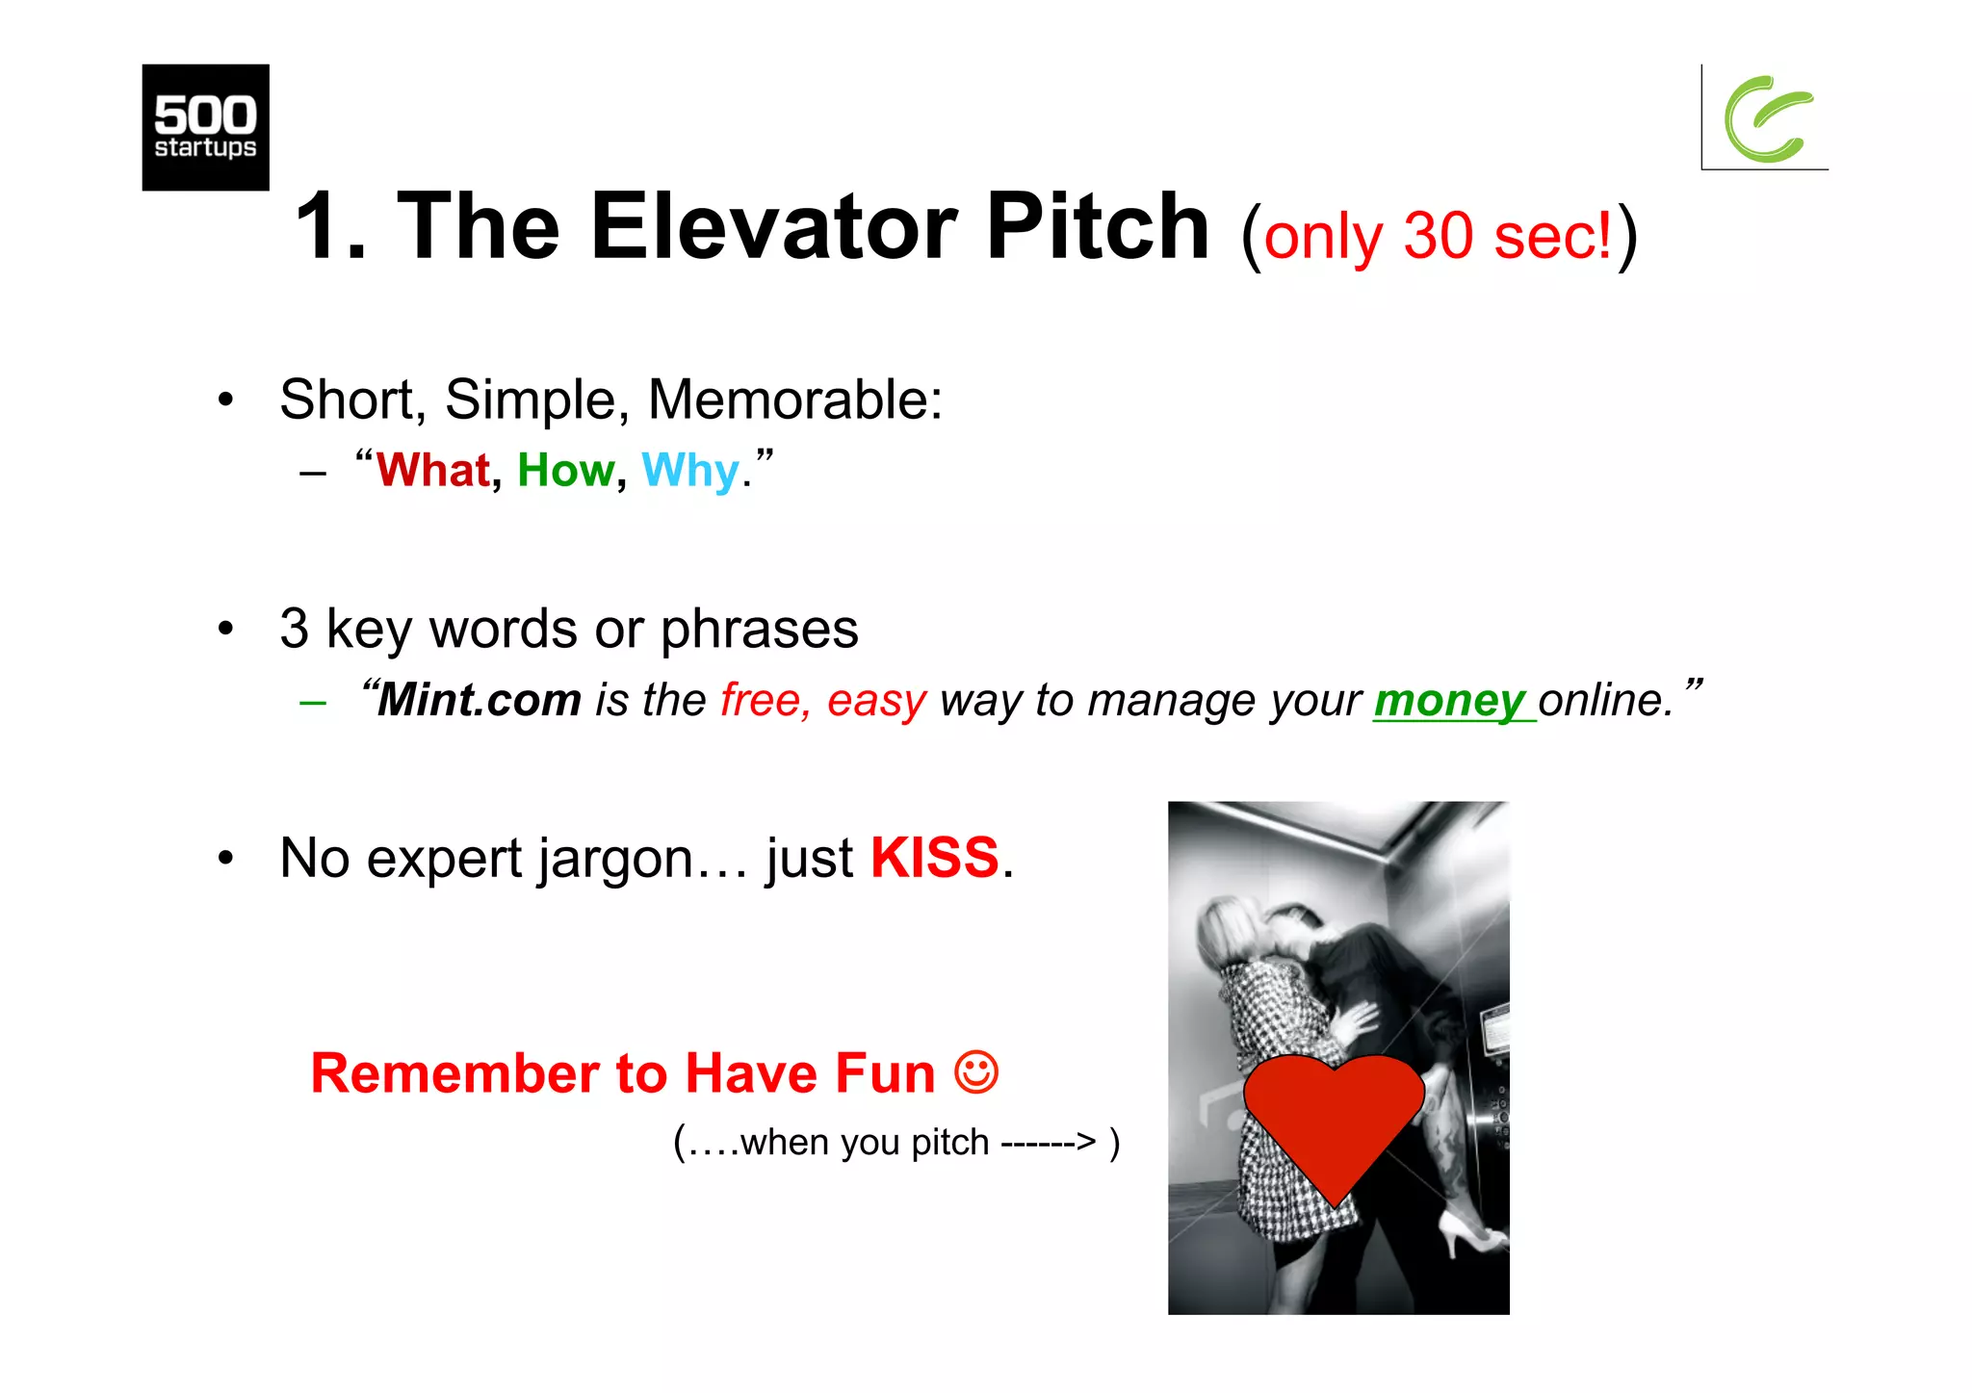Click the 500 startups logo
[x=205, y=127]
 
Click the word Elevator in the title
[x=773, y=227]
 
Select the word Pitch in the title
[x=1098, y=227]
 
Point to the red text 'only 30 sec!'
[x=1437, y=236]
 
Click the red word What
[x=433, y=471]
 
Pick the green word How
[x=566, y=471]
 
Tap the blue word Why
[x=690, y=472]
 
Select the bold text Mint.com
[x=480, y=700]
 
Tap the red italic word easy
[x=876, y=701]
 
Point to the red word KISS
[x=935, y=858]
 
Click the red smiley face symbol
[x=976, y=1071]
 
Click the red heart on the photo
[x=1334, y=1117]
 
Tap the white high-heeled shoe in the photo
[x=1468, y=1232]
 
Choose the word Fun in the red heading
[x=884, y=1073]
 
